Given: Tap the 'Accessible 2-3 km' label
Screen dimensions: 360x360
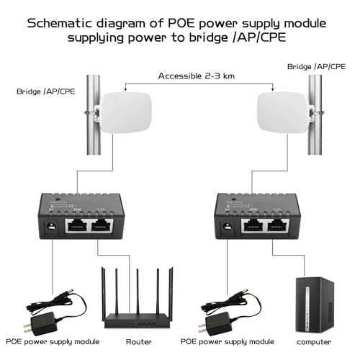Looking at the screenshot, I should (x=197, y=74).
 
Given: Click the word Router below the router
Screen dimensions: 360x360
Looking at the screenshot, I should (x=138, y=341).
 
